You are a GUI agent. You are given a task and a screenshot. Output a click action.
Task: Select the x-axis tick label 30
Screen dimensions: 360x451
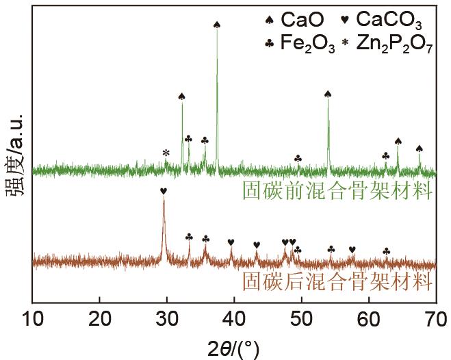167,319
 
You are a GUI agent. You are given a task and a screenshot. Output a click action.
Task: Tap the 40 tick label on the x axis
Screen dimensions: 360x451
234,319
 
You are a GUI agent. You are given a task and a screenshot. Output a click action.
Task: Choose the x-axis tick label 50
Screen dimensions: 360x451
301,319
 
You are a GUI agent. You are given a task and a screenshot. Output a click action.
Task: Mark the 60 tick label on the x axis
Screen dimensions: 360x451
368,319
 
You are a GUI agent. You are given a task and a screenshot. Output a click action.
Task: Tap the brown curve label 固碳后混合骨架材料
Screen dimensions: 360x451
339,281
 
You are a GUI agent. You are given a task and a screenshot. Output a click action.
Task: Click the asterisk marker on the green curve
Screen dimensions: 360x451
166,153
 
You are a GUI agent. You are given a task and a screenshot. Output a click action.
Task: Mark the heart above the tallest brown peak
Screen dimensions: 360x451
163,191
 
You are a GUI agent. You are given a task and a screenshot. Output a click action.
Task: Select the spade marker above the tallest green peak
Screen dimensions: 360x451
217,25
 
